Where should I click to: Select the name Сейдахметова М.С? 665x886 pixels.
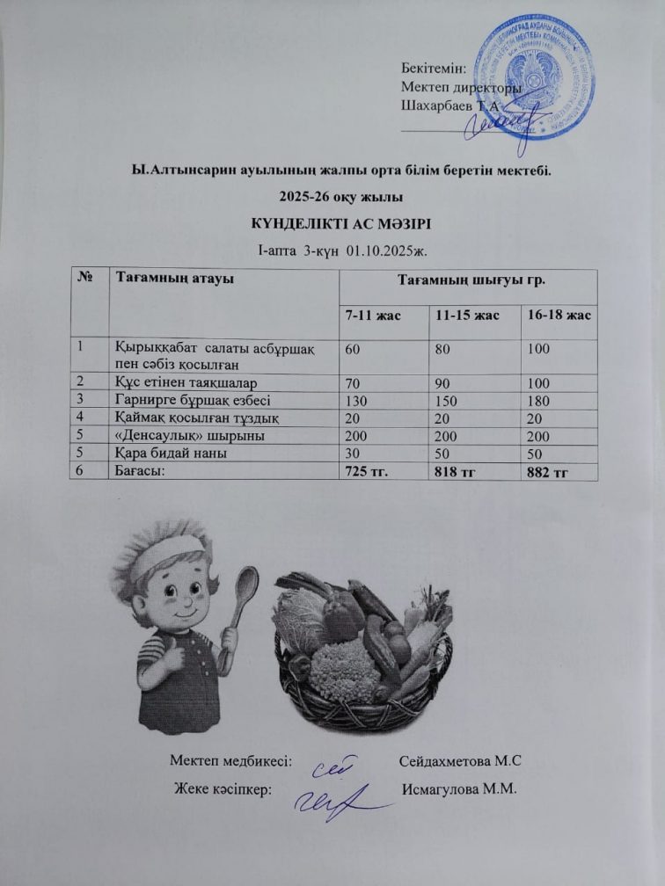pos(466,760)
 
